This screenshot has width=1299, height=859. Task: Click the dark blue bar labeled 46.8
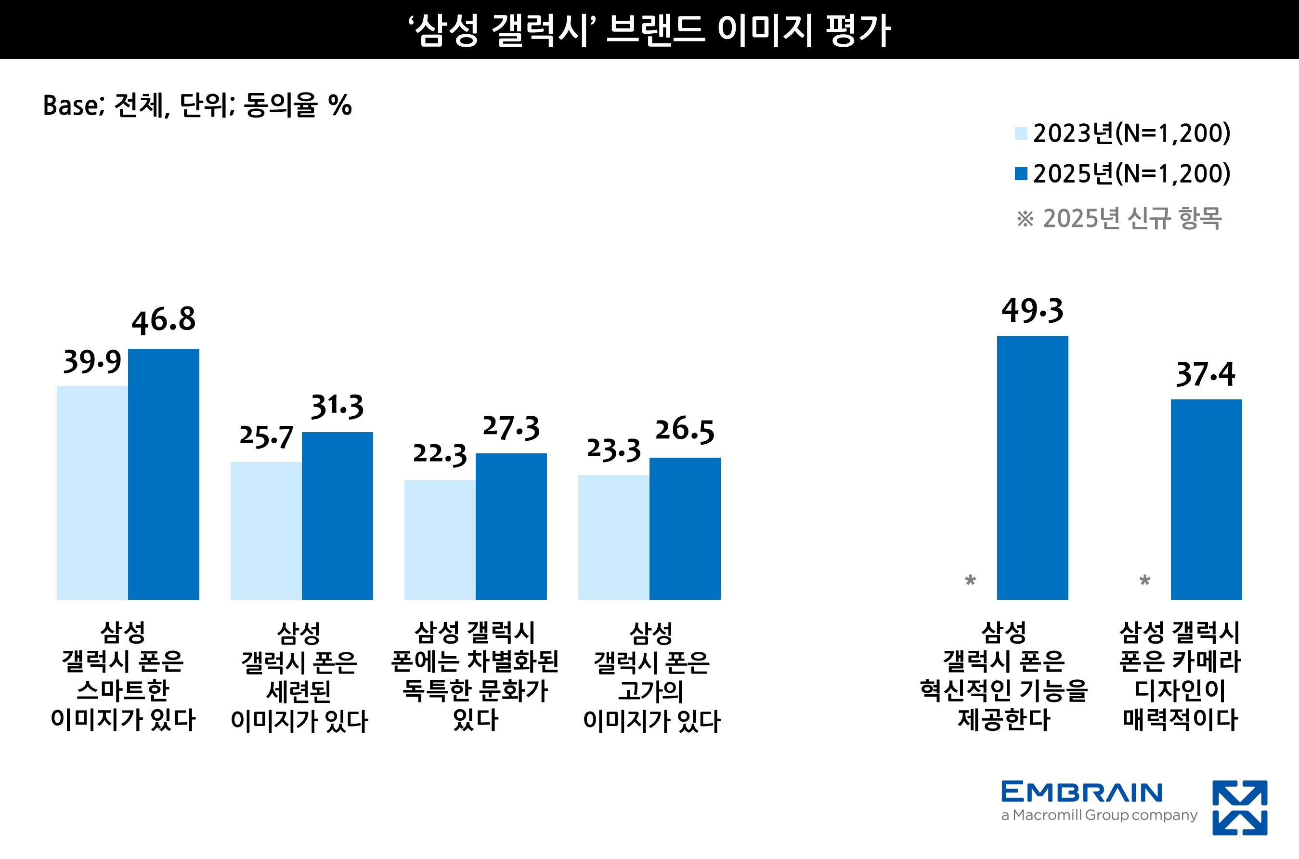pos(163,474)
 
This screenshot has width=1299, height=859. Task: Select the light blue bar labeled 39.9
pos(92,492)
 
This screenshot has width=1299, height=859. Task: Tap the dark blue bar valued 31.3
pos(337,515)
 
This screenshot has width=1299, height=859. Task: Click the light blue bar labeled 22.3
pos(440,540)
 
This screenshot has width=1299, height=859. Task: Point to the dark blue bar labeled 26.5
pos(685,528)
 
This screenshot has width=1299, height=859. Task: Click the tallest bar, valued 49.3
pos(1032,467)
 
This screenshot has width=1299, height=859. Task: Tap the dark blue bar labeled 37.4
pos(1207,499)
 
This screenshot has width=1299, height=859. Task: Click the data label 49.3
pos(1032,311)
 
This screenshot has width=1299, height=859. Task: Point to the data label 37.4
pos(1206,374)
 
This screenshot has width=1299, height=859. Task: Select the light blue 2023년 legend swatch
pos(1021,133)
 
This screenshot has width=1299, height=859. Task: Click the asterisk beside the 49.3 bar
pos(971,581)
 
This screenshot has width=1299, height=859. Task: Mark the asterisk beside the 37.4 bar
pos(1144,581)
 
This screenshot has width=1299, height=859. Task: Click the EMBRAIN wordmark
pos(1082,792)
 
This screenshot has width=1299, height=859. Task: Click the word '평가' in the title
pos(858,30)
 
